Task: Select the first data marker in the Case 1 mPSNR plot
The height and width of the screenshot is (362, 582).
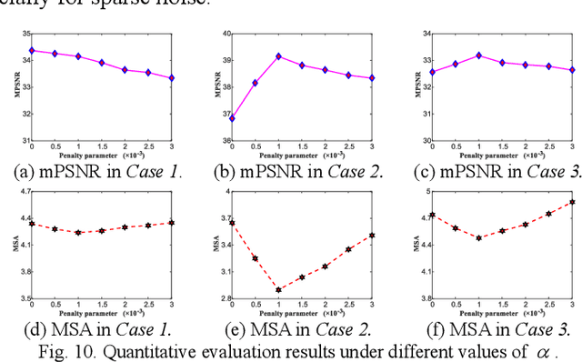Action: [32, 50]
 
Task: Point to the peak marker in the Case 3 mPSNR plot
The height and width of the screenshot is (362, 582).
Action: [478, 55]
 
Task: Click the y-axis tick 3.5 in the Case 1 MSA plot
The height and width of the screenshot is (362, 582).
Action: [22, 298]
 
